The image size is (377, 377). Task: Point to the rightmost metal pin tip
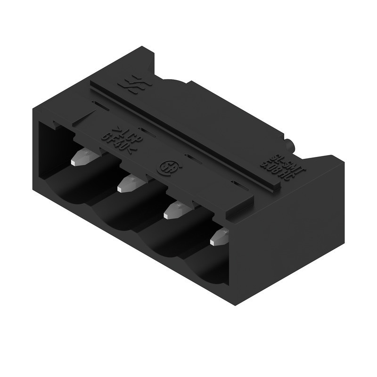(x=218, y=237)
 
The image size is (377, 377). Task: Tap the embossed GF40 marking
(x=118, y=141)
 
